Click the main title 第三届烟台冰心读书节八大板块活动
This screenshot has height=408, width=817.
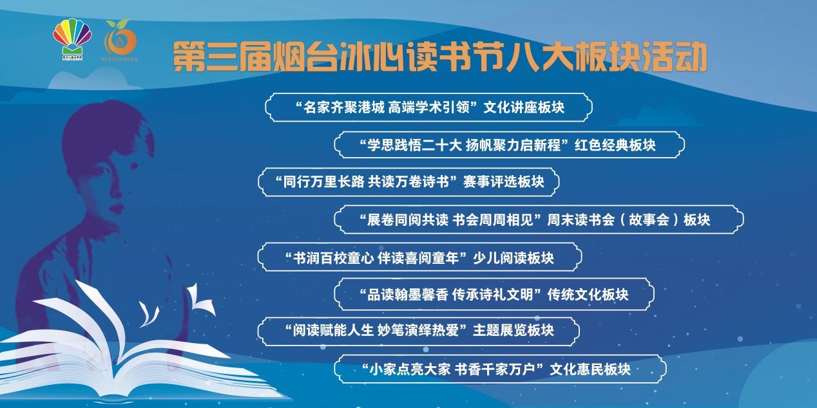click(440, 57)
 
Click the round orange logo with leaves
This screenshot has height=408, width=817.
click(121, 41)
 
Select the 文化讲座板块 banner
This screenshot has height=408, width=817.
click(428, 107)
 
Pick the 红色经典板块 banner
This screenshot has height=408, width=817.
click(508, 145)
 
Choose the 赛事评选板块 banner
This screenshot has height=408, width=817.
click(408, 182)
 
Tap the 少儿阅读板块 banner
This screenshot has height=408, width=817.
click(419, 257)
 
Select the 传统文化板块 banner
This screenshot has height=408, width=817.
click(494, 295)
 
